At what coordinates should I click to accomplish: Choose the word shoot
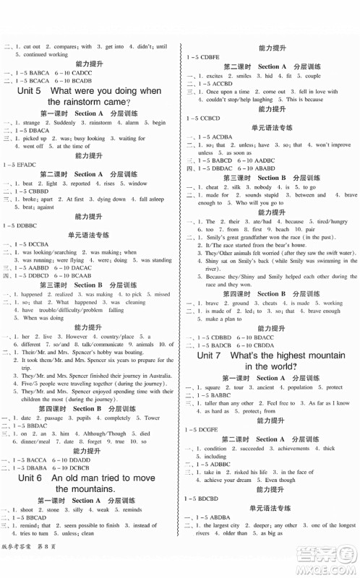tap(32, 509)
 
